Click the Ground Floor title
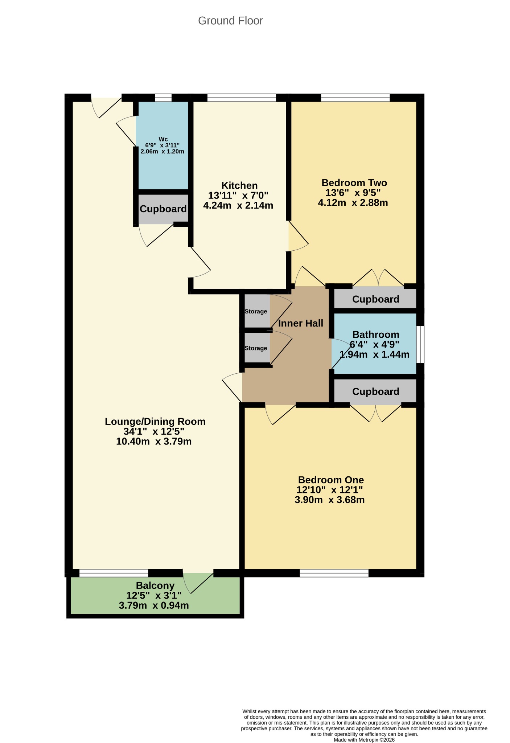(x=230, y=21)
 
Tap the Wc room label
(x=163, y=139)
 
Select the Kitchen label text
(x=239, y=185)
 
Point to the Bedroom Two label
(x=354, y=182)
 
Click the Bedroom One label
(x=331, y=480)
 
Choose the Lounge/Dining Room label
(x=155, y=422)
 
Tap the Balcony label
(x=155, y=586)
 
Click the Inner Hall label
(x=301, y=323)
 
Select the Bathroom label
(x=376, y=334)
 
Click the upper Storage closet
(x=257, y=311)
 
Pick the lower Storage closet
(x=257, y=348)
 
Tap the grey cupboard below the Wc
(x=163, y=209)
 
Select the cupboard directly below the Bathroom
(x=375, y=391)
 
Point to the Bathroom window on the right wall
(x=420, y=344)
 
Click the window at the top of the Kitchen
(x=242, y=98)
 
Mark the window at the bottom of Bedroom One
(x=334, y=573)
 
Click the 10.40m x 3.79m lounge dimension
(x=154, y=442)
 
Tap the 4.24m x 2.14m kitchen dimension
(x=238, y=206)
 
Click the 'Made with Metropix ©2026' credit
(x=364, y=740)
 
